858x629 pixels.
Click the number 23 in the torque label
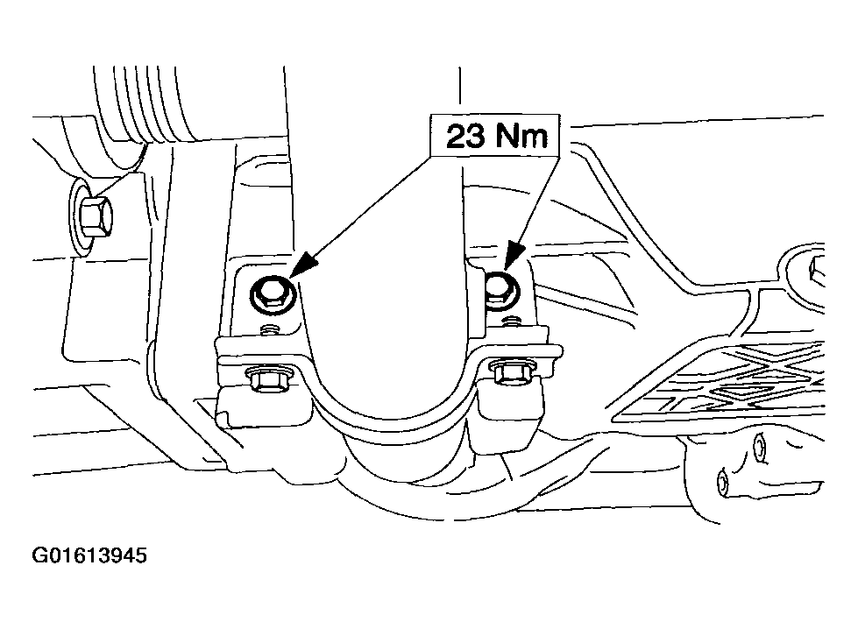(x=465, y=136)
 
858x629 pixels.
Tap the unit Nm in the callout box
(x=521, y=136)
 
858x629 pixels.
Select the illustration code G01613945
(x=89, y=555)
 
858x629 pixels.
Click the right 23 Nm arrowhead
(x=514, y=257)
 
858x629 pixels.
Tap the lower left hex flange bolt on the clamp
(x=266, y=378)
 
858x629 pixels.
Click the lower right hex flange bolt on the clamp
(x=512, y=372)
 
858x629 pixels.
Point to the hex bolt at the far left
(x=93, y=217)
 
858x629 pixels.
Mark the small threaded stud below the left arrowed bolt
(x=268, y=329)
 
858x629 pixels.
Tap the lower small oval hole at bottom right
(x=722, y=482)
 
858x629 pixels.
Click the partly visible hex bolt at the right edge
(x=817, y=272)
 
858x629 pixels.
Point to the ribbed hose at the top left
(x=145, y=104)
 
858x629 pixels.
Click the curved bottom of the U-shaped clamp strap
(x=391, y=417)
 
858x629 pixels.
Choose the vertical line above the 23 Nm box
(x=459, y=91)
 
